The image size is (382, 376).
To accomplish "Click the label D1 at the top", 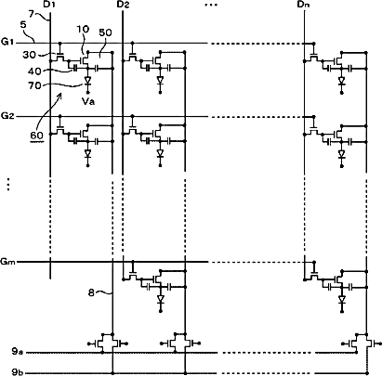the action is pyautogui.click(x=50, y=5).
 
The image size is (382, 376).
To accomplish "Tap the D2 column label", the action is pyautogui.click(x=123, y=5).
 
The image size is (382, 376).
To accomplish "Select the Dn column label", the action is pyautogui.click(x=304, y=5).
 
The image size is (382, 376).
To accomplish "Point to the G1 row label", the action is pyautogui.click(x=7, y=42).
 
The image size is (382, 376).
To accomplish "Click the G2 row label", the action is pyautogui.click(x=7, y=116).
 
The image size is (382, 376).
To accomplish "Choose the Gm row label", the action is pyautogui.click(x=8, y=262).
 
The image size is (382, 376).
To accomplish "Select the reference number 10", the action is pyautogui.click(x=82, y=30).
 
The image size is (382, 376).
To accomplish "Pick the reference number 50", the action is pyautogui.click(x=105, y=32).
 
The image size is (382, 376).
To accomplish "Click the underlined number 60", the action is pyautogui.click(x=36, y=136).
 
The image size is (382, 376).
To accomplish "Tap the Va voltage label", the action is pyautogui.click(x=88, y=101).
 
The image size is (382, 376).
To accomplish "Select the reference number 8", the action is pyautogui.click(x=91, y=292).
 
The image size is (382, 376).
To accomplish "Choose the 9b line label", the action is pyautogui.click(x=17, y=372).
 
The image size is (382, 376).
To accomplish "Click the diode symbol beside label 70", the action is pyautogui.click(x=87, y=81).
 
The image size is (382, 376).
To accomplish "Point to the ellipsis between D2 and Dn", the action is pyautogui.click(x=211, y=5).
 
